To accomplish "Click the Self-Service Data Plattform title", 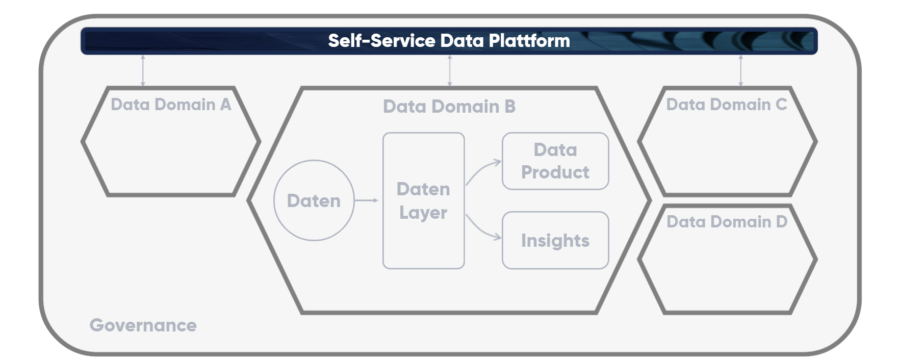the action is [x=449, y=41].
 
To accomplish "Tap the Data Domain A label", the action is [x=171, y=105].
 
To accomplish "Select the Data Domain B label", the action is [x=449, y=107].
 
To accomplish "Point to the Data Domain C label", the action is [x=727, y=105].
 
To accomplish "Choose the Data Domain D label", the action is [x=727, y=222].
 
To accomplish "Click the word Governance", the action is [x=143, y=325].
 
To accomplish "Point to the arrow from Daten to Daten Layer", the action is [x=366, y=200].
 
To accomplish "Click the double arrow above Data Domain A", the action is [x=143, y=70].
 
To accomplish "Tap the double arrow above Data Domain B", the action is [x=449, y=70].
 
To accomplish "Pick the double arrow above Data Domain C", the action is [x=740, y=70].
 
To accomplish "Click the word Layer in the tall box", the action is [x=423, y=213].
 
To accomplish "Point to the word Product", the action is [x=555, y=172].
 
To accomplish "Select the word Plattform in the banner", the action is [x=529, y=41].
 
